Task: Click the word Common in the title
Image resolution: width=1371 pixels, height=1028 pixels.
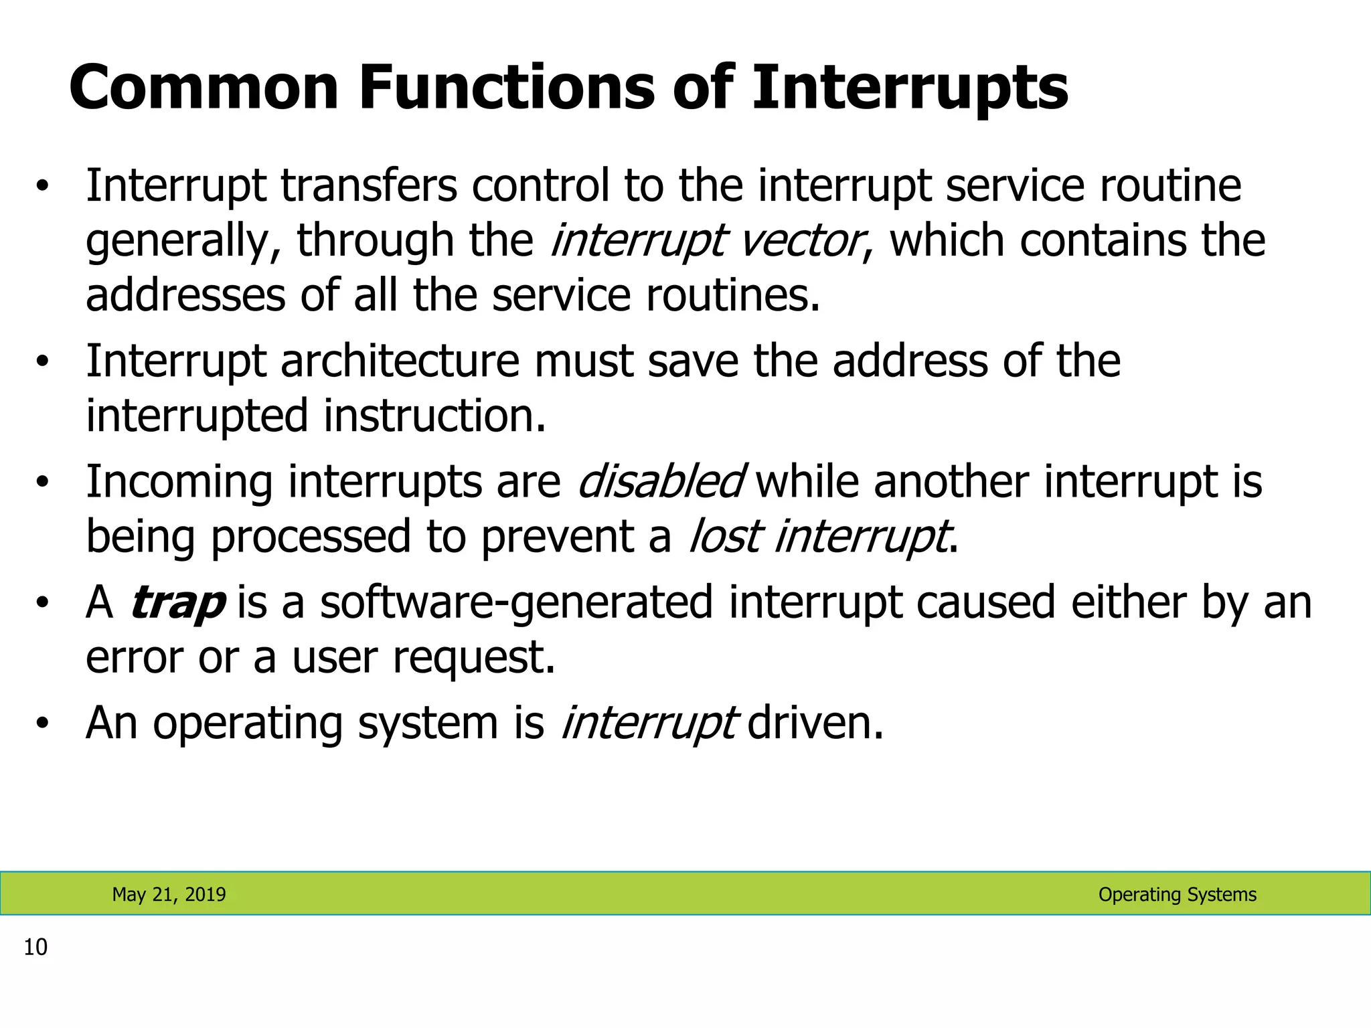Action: tap(204, 88)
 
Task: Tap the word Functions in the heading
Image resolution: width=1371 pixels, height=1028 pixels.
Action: tap(507, 88)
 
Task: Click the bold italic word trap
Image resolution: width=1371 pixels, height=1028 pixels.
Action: tap(177, 602)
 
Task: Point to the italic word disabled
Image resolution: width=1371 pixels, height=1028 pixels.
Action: tap(659, 482)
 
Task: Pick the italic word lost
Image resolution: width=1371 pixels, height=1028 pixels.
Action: tap(724, 537)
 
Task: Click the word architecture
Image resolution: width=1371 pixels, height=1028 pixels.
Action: tap(400, 361)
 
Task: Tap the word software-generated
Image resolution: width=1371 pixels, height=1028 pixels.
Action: tap(516, 602)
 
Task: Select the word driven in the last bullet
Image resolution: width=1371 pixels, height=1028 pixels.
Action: tap(815, 723)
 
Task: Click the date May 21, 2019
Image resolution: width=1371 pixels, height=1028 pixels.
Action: tap(169, 894)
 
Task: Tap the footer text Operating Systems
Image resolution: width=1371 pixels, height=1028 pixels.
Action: tap(1177, 894)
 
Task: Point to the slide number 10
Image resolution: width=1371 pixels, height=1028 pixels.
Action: tap(35, 947)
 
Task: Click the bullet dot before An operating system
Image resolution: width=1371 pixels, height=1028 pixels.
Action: tap(43, 724)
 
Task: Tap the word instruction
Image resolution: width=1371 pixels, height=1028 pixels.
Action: tap(434, 416)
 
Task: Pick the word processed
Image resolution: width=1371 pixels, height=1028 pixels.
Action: tap(310, 537)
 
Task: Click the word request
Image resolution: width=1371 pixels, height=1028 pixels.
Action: tap(474, 657)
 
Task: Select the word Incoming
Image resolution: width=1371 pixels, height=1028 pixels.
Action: tap(179, 482)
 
